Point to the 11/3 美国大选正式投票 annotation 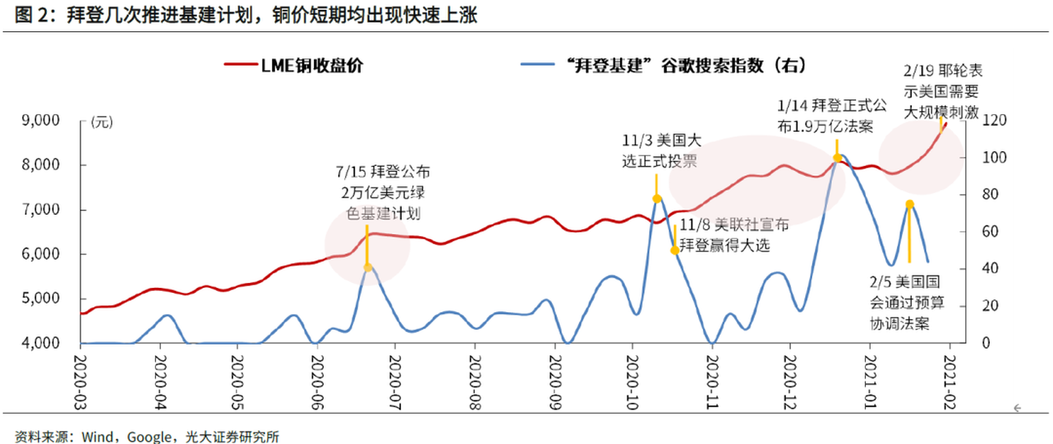[x=659, y=151]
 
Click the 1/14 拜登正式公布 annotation [x=831, y=116]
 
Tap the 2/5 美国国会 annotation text [x=907, y=301]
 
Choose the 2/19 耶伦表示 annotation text [x=940, y=92]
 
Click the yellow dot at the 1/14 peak [x=837, y=158]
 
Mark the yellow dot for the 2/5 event [x=909, y=205]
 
